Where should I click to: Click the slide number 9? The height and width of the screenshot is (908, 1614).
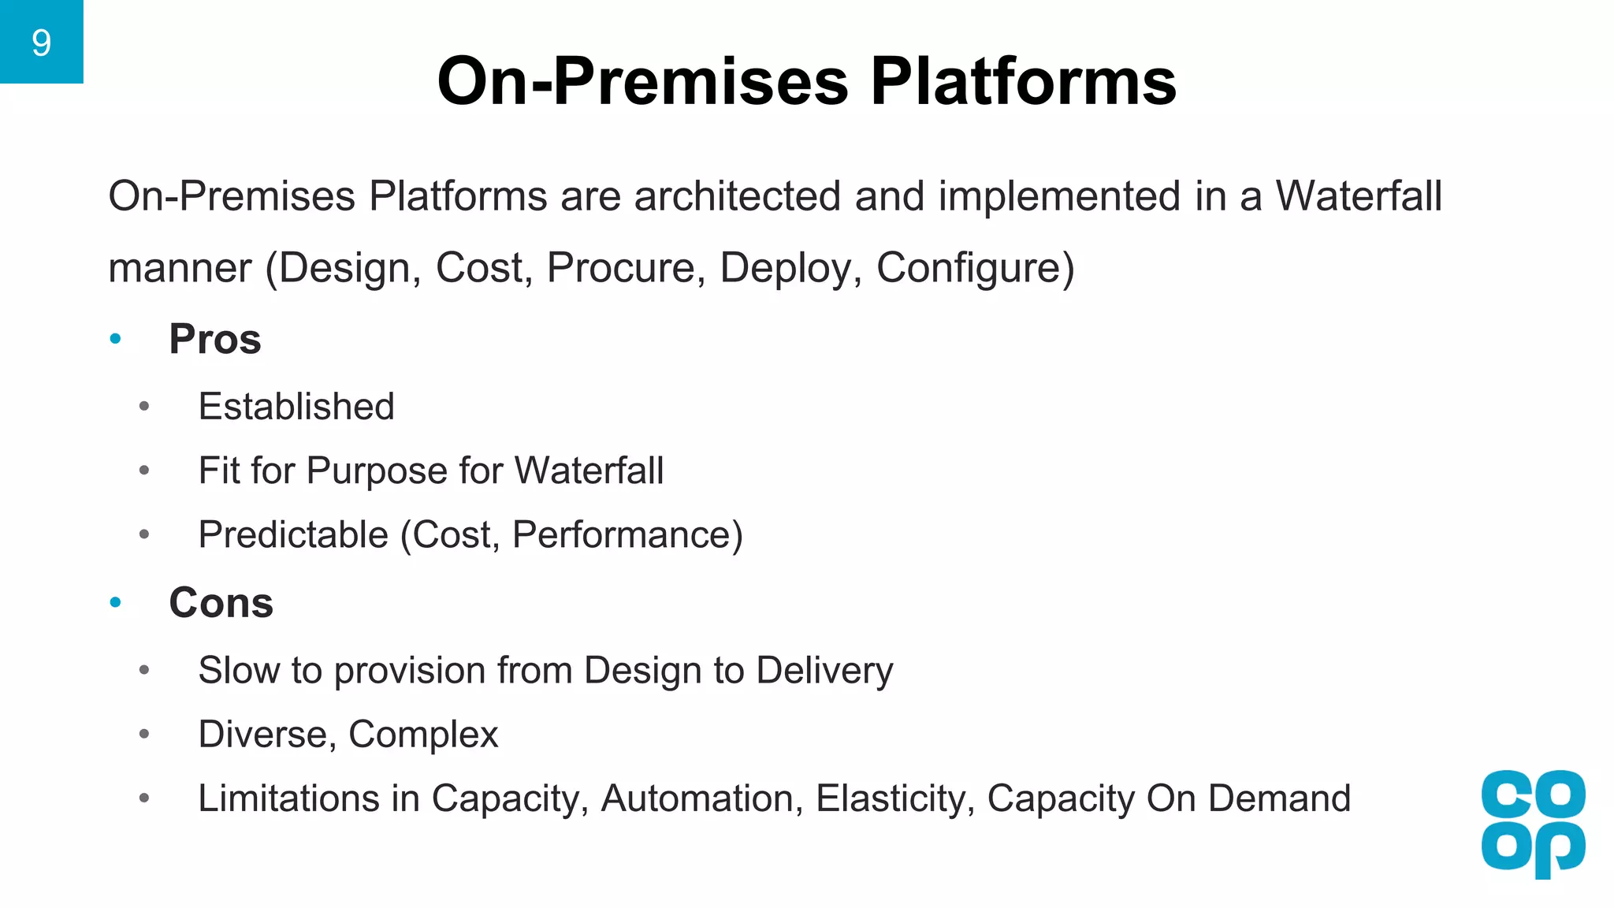(x=41, y=43)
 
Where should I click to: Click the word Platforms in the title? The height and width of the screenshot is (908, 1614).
(x=1023, y=81)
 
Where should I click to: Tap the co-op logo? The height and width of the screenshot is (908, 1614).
(x=1533, y=823)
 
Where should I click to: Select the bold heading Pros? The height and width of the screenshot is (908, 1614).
(x=214, y=340)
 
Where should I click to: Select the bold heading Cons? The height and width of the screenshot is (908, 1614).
(x=221, y=603)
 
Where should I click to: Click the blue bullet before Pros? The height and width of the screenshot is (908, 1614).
(x=116, y=340)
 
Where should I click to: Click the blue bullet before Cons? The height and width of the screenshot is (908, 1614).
(x=116, y=603)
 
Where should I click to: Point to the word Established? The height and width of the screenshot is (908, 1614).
(x=296, y=407)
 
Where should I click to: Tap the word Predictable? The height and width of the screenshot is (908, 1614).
(x=293, y=535)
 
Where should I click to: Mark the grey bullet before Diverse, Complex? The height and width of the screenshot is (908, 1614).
(x=144, y=735)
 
